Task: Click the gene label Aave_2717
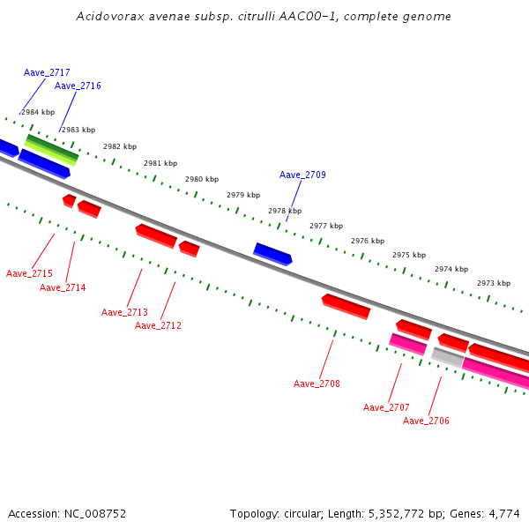(x=47, y=72)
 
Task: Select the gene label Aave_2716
(x=78, y=86)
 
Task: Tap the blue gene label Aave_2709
(x=302, y=175)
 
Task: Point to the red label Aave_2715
(x=29, y=273)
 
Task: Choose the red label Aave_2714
(x=63, y=287)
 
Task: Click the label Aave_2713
(x=124, y=312)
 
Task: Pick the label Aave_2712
(x=158, y=325)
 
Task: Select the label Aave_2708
(x=317, y=384)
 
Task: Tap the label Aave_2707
(x=386, y=407)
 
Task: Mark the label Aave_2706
(x=426, y=421)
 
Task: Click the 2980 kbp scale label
(x=202, y=179)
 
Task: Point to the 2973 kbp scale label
(x=494, y=283)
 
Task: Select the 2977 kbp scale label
(x=326, y=226)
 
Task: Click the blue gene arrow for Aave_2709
(x=272, y=254)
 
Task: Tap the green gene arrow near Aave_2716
(x=52, y=148)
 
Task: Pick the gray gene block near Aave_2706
(x=447, y=357)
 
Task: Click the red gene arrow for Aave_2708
(x=346, y=306)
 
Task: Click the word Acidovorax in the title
(x=105, y=17)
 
